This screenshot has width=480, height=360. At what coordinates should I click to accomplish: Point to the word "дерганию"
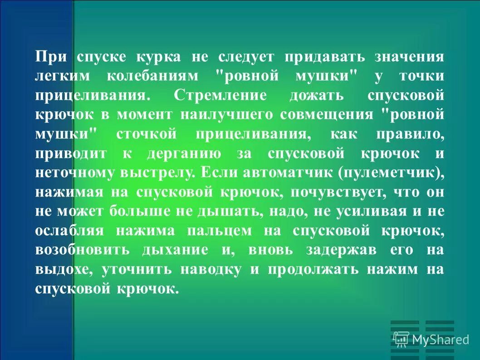click(184, 154)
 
